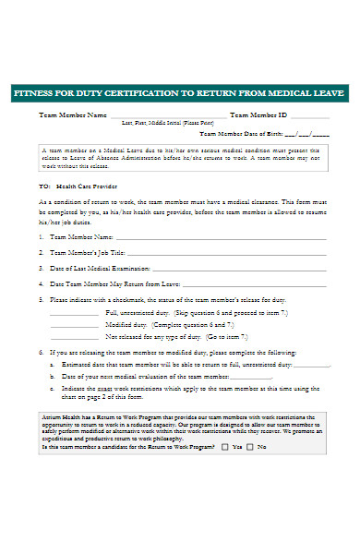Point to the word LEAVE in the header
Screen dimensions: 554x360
coord(328,94)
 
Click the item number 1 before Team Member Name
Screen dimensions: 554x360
coord(41,236)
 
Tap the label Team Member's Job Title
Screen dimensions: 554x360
coord(87,251)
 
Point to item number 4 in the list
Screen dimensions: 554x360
coord(41,283)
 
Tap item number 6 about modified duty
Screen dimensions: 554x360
coord(41,353)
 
